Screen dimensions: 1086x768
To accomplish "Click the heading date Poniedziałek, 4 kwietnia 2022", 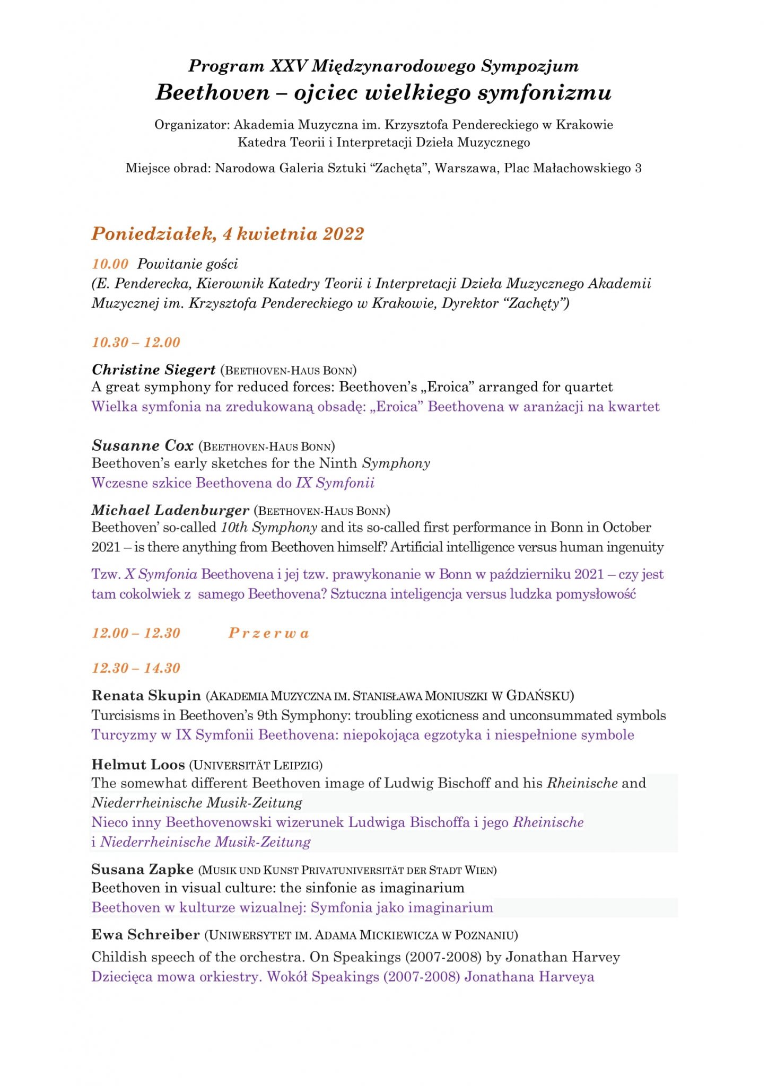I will click(x=228, y=234).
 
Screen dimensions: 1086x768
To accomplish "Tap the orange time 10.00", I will click(x=110, y=264).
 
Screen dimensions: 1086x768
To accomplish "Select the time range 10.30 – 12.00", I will click(x=136, y=343).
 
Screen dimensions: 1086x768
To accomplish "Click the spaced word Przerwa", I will click(x=268, y=633).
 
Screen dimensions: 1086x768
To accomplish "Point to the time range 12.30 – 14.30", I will click(x=136, y=668).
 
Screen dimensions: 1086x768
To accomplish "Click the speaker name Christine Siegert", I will click(x=154, y=370).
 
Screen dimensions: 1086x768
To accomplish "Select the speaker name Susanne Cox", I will click(x=143, y=445).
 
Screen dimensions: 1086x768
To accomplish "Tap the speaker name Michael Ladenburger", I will click(x=170, y=511).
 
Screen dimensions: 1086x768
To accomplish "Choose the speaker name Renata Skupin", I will click(x=146, y=695).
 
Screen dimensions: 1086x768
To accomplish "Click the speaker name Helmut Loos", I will click(x=138, y=765).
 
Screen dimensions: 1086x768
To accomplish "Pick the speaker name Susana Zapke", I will click(x=143, y=870).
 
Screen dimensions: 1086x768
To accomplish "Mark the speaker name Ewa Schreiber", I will click(x=146, y=935).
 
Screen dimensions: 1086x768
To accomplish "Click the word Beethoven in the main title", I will click(x=213, y=93).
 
